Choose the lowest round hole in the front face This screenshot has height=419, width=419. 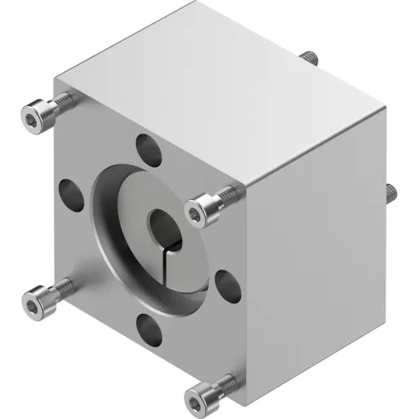(149, 326)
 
